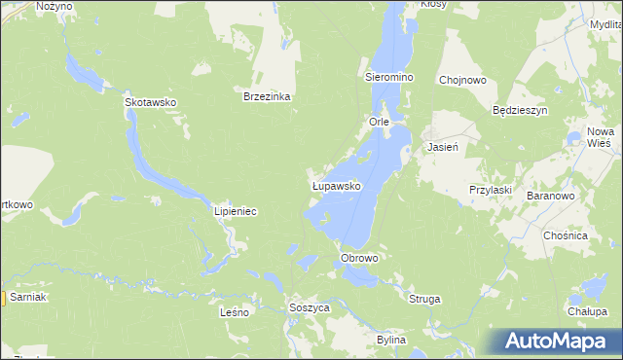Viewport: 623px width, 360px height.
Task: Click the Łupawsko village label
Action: pos(336,185)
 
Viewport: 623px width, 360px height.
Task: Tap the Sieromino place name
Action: pos(389,76)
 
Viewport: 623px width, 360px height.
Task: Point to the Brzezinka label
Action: pos(268,97)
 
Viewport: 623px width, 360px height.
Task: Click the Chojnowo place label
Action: pos(462,81)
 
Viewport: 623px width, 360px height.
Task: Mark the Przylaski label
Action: pos(491,190)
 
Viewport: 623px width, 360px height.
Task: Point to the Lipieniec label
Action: pos(235,211)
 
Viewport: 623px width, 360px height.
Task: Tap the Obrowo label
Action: pos(358,258)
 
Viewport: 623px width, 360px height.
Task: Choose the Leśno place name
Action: pos(236,313)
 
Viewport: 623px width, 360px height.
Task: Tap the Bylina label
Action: pos(390,340)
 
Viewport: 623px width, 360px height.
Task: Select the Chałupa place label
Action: pos(587,312)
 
